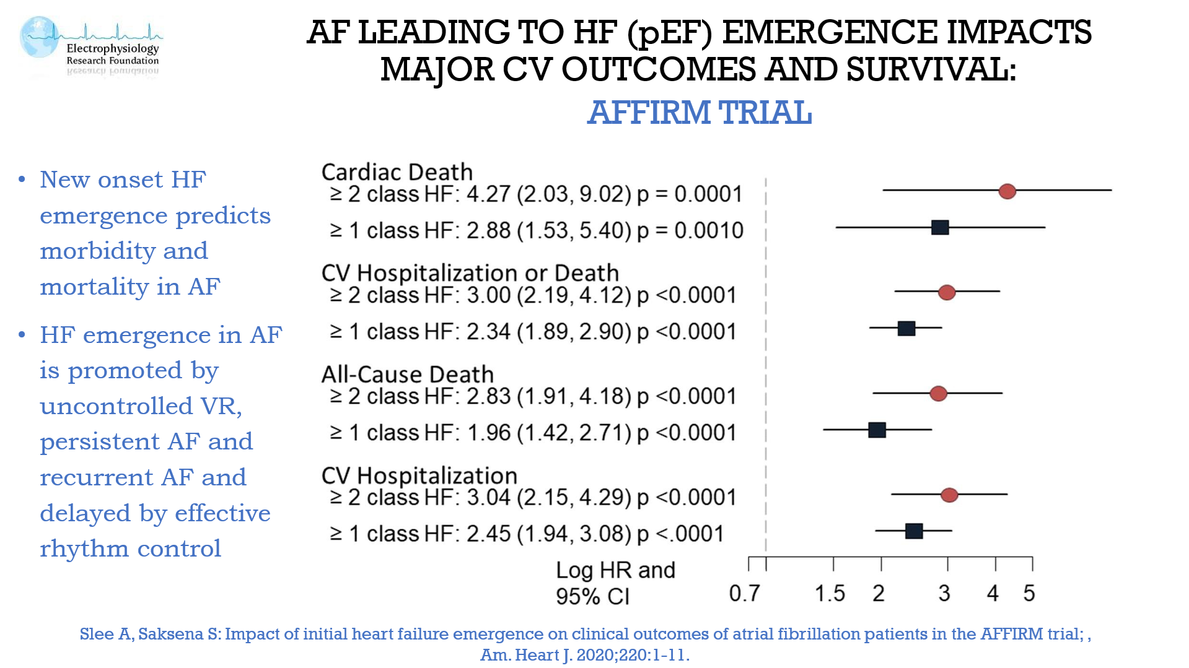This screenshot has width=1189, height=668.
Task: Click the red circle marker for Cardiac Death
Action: pos(1007,191)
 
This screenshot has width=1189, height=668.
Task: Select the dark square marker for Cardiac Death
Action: pos(940,227)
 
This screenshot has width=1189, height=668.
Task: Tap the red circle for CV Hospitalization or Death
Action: pos(946,292)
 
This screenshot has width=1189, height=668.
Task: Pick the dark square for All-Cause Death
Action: pos(877,430)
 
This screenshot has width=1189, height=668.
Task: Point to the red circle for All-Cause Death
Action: pos(938,393)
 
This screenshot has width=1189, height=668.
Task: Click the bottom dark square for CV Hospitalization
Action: pos(914,531)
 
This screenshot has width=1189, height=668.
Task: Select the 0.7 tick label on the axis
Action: pos(744,593)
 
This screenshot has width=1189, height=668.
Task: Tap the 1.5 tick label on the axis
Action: pos(830,593)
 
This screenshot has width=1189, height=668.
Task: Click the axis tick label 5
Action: pos(1029,593)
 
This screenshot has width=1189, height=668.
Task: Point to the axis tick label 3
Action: pos(944,593)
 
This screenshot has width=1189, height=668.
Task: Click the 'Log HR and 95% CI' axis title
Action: pos(615,583)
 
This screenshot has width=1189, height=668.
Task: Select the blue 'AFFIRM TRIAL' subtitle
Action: pos(699,113)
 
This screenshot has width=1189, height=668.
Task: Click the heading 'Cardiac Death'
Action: pos(397,171)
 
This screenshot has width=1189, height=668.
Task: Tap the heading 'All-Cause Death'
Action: pos(407,374)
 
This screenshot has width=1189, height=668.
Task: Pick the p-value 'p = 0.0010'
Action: pos(690,230)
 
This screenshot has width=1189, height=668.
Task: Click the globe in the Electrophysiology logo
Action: pos(38,37)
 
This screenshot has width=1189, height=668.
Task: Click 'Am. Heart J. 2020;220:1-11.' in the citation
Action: pos(584,654)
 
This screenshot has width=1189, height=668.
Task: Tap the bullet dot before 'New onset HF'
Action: pos(22,180)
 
